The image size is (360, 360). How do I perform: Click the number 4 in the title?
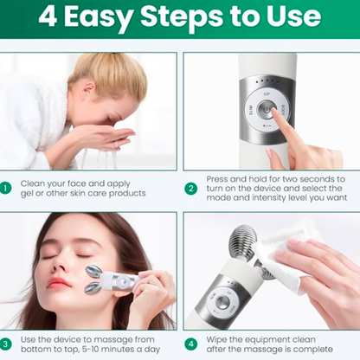tap(50, 19)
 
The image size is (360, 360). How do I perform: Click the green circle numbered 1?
tap(7, 187)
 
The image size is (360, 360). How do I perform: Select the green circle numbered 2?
tap(191, 187)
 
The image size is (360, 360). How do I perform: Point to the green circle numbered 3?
tap(7, 343)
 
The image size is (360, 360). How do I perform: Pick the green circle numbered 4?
tap(191, 343)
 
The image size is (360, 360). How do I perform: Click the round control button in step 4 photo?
tap(224, 302)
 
